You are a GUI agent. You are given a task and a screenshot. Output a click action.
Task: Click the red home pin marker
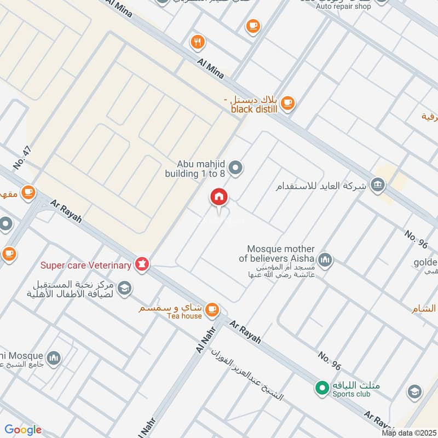coord(219,198)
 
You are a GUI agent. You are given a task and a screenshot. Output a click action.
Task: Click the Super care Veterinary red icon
coord(142,266)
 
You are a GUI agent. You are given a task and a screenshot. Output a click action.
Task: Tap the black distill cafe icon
coord(288,102)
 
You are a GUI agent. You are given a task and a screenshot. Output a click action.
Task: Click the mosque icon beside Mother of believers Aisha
coord(325,260)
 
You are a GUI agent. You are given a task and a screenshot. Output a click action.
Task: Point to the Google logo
coord(23,430)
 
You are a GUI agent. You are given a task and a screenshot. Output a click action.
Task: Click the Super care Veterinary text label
coord(86,266)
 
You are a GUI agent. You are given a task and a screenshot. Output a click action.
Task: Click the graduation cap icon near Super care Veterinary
coord(124,288)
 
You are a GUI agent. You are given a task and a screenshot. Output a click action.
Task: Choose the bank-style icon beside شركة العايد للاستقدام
coord(377,185)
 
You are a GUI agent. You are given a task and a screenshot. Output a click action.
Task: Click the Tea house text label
coord(185,315)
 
